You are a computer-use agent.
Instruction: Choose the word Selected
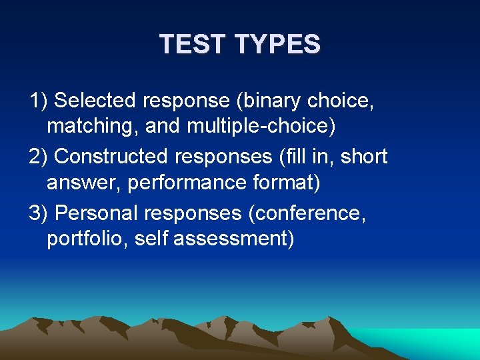point(96,101)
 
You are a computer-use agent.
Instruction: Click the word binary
point(269,101)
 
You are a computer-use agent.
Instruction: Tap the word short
point(364,157)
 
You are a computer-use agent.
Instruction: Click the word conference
point(309,213)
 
